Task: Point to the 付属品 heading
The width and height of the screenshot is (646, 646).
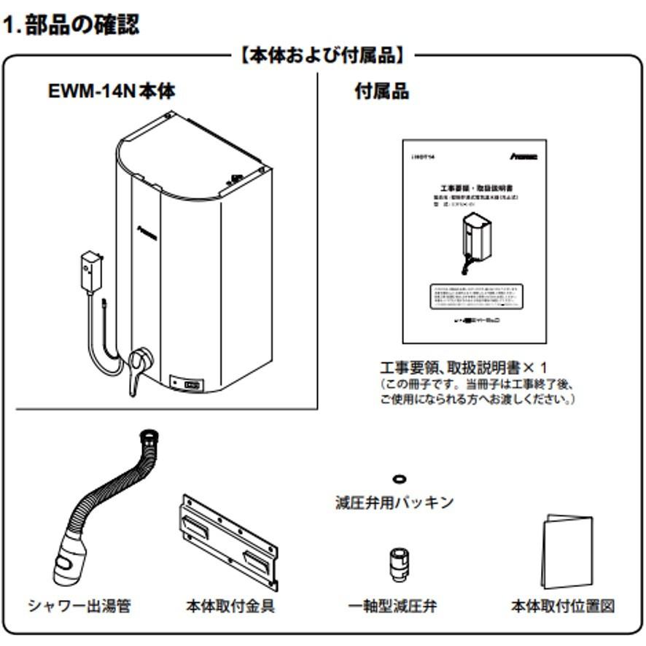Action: click(x=381, y=92)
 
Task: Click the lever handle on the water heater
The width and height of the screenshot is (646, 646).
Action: click(x=137, y=364)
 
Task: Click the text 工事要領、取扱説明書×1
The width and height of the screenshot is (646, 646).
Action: click(x=463, y=366)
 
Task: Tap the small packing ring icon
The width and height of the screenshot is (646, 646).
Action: click(x=400, y=479)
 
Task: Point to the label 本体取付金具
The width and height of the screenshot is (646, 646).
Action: click(x=231, y=606)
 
